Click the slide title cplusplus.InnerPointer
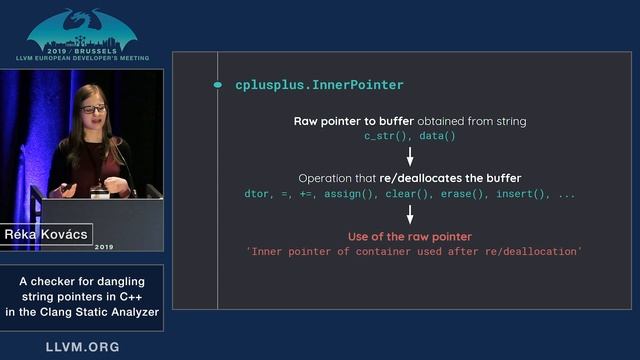[x=305, y=85]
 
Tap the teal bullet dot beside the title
[x=218, y=85]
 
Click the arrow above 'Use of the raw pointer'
[x=410, y=215]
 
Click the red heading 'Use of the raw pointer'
[x=410, y=237]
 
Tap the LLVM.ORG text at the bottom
[x=82, y=347]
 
